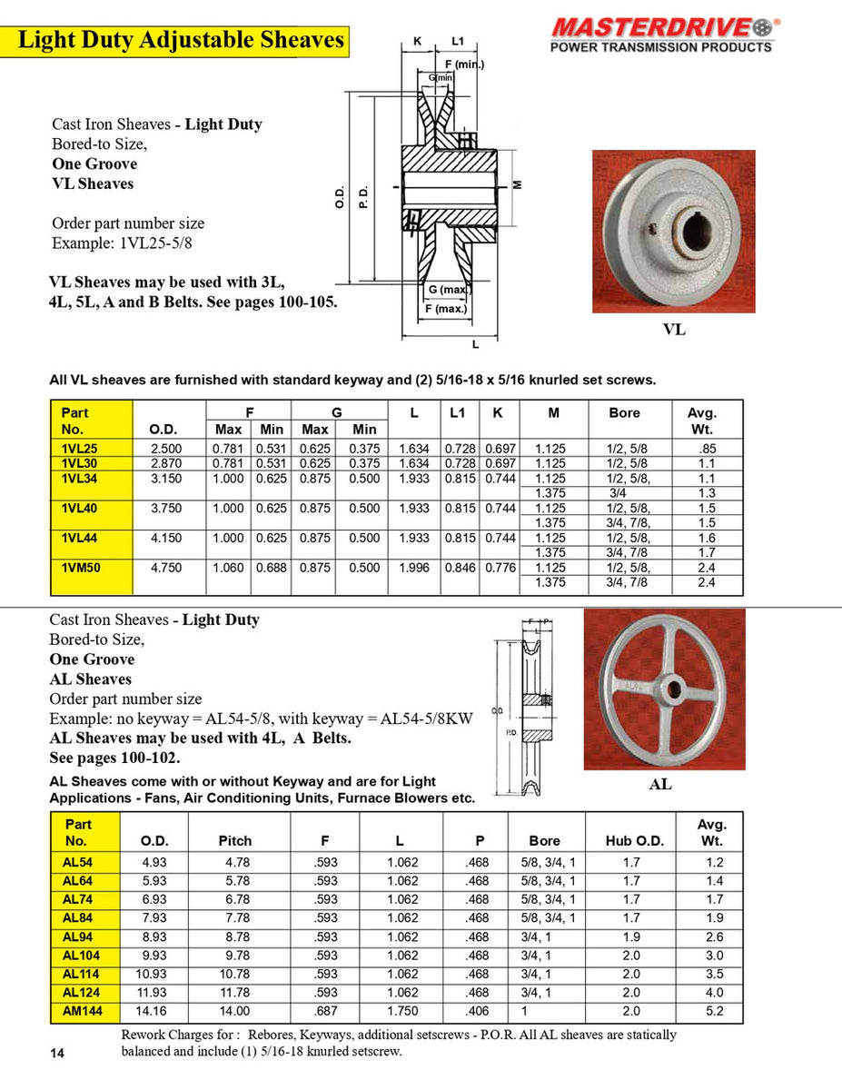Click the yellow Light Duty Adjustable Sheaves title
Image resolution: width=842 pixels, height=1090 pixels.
click(182, 41)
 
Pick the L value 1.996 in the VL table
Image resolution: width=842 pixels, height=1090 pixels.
click(414, 569)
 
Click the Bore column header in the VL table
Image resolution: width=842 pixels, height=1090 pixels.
click(624, 412)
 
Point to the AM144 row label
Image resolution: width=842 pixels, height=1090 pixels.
click(83, 1010)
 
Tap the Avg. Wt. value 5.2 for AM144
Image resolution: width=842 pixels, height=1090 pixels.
click(715, 1010)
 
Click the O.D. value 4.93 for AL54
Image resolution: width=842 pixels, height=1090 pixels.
click(154, 862)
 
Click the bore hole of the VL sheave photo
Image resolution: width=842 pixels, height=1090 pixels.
click(698, 228)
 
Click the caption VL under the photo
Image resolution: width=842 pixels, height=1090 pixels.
click(674, 330)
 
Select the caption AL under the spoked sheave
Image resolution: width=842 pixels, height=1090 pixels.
click(660, 783)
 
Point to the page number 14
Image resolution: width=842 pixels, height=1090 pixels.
click(57, 1053)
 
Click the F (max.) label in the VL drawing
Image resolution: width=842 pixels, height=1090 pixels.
click(445, 309)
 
